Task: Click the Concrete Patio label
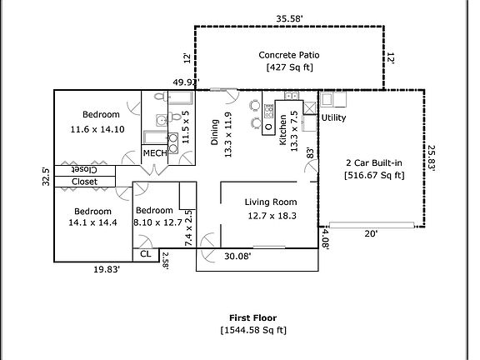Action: tap(289, 55)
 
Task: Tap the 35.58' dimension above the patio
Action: tap(289, 18)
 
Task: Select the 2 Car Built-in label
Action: tap(374, 162)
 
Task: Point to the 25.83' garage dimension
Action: tap(431, 158)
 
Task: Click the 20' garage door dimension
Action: tap(371, 234)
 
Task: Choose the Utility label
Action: tap(333, 117)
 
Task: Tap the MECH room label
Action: tap(155, 152)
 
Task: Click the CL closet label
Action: tap(145, 254)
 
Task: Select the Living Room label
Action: tap(271, 202)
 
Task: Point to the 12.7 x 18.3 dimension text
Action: tap(272, 216)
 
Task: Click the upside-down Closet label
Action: tap(84, 170)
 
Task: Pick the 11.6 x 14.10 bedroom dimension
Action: tap(97, 129)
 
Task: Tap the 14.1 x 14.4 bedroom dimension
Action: tap(92, 222)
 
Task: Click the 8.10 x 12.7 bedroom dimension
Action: tap(158, 222)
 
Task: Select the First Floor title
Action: tap(252, 317)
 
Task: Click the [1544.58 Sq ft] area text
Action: tap(253, 330)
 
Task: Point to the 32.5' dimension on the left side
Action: tap(46, 177)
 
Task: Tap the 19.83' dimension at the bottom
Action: tap(107, 269)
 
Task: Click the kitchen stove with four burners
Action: tap(268, 111)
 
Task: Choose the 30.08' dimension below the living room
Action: tap(237, 256)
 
